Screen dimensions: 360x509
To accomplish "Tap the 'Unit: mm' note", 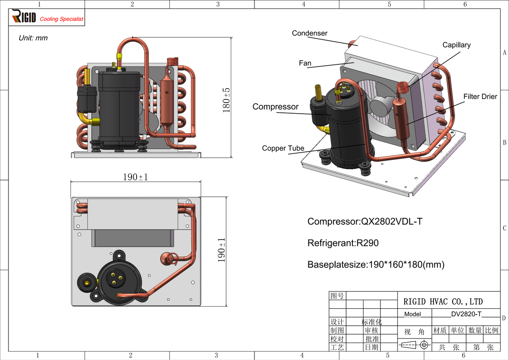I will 33,38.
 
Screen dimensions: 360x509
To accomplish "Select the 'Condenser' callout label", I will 310,33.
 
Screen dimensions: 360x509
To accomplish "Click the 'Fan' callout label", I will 305,63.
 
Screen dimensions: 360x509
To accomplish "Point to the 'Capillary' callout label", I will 456,45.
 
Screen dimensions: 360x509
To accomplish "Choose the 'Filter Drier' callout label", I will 480,97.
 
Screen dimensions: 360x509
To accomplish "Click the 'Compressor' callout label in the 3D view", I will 275,107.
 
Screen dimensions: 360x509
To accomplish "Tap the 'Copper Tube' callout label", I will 283,148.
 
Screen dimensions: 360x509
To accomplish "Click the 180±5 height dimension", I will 227,100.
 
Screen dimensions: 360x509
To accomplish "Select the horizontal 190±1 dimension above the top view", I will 135,177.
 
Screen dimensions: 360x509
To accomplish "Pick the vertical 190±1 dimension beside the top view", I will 221,250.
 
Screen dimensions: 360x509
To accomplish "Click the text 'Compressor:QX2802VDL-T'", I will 365,221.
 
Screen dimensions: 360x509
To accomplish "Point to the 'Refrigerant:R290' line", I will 343,243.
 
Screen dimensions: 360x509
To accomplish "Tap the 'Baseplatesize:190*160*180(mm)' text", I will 376,265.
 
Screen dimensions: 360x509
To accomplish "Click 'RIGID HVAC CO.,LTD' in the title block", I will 443,302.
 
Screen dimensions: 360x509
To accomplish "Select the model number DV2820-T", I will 466,314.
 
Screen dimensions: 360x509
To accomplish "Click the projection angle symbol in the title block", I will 414,345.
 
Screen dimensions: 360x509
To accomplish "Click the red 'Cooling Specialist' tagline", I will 62,19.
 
